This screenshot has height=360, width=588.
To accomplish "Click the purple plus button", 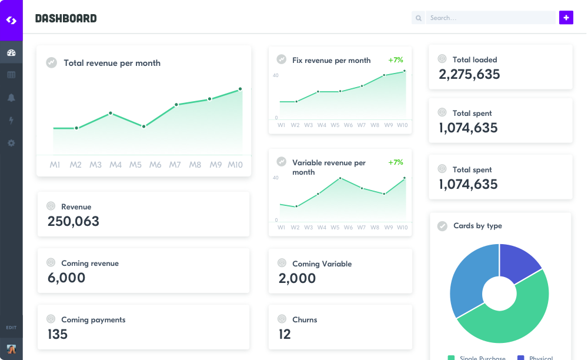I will pyautogui.click(x=566, y=18).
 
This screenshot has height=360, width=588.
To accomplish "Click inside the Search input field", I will pyautogui.click(x=491, y=18).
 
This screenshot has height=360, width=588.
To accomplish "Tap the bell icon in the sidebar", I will pyautogui.click(x=11, y=98).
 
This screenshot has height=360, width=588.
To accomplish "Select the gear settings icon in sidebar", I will pyautogui.click(x=11, y=143).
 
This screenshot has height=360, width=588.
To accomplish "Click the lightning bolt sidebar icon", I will pyautogui.click(x=11, y=121).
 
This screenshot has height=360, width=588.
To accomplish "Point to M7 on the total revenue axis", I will pyautogui.click(x=175, y=165).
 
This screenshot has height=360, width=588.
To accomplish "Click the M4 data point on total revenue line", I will pyautogui.click(x=111, y=113).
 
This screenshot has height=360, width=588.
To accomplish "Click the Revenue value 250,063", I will pyautogui.click(x=73, y=221).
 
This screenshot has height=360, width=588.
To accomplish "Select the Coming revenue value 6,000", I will pyautogui.click(x=66, y=278).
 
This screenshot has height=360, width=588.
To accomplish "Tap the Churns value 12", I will pyautogui.click(x=285, y=334).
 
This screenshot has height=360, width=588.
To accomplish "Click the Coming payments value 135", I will pyautogui.click(x=58, y=334).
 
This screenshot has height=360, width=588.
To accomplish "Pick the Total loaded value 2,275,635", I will pyautogui.click(x=469, y=74).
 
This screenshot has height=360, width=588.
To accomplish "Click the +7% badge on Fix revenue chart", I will pyautogui.click(x=396, y=60).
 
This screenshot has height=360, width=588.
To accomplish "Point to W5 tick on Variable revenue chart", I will pyautogui.click(x=335, y=227).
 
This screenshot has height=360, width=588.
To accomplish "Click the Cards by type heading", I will pyautogui.click(x=477, y=226).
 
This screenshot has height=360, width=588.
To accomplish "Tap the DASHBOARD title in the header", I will pyautogui.click(x=66, y=18).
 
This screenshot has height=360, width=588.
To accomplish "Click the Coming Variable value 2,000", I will pyautogui.click(x=297, y=278).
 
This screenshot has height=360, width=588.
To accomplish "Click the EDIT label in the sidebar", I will pyautogui.click(x=11, y=327).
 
